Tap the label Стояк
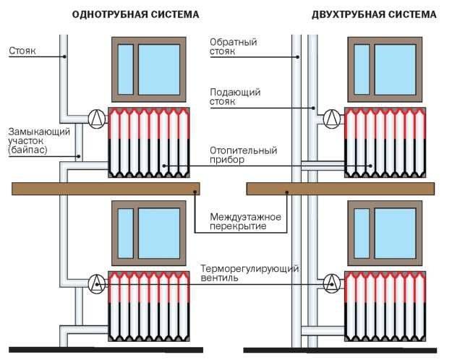coord(22,51)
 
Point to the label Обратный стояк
coord(233,47)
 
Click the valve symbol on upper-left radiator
coord(96,117)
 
